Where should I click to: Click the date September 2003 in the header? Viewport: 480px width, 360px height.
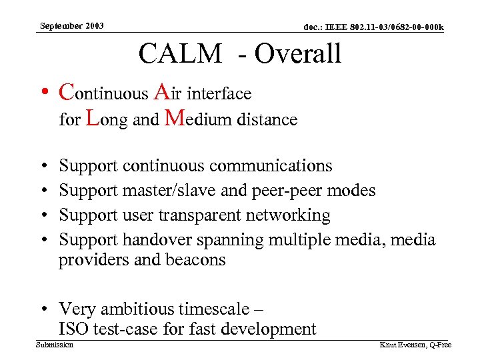[x=71, y=26]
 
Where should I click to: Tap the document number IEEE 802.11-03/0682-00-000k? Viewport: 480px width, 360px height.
[x=373, y=27]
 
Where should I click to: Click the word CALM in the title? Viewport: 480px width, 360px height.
[x=180, y=54]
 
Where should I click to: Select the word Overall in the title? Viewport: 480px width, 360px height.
[x=298, y=54]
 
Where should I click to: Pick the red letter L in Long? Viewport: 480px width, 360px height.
[x=94, y=119]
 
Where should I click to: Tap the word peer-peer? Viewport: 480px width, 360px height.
[x=283, y=191]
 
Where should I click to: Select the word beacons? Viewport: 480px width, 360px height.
[x=193, y=260]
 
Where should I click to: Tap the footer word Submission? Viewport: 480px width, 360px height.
[x=55, y=345]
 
